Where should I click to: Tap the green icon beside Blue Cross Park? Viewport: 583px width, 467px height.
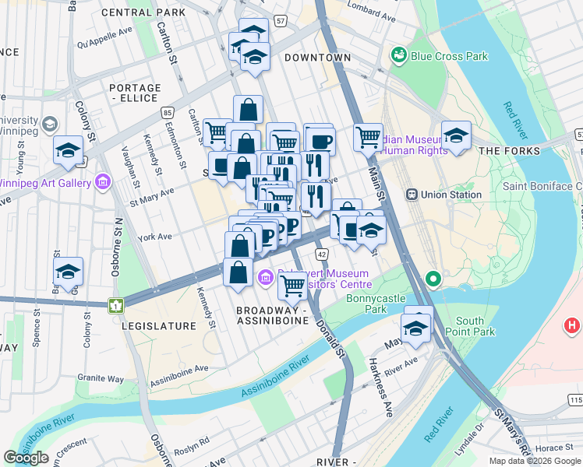click(x=399, y=55)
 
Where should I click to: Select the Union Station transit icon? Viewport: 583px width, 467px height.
click(x=412, y=194)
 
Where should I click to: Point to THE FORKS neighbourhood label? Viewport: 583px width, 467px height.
click(x=509, y=150)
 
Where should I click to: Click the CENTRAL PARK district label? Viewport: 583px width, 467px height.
click(x=143, y=12)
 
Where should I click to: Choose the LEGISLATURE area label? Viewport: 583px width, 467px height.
click(x=158, y=325)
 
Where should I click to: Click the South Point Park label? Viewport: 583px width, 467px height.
click(x=475, y=326)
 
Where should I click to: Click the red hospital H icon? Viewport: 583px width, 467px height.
click(x=573, y=325)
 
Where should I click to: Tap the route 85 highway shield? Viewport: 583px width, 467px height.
click(x=168, y=114)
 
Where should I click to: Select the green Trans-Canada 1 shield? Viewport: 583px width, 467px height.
click(x=116, y=304)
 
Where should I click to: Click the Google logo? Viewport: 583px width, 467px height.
click(x=26, y=458)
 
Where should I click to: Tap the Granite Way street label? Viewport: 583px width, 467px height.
click(x=101, y=378)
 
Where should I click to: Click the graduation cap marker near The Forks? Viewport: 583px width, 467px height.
click(x=456, y=135)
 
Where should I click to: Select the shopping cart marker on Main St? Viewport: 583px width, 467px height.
click(x=368, y=137)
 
